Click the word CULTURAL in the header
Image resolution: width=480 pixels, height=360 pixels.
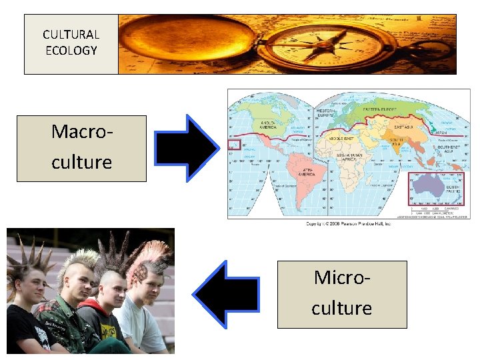pos(71,35)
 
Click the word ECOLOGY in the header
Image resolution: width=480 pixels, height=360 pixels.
pos(71,51)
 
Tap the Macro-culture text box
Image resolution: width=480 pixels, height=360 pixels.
pos(81,148)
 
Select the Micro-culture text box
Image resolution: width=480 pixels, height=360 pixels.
pos(341,294)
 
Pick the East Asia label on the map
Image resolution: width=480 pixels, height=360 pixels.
pos(405,127)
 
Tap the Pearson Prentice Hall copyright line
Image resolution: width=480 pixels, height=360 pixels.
pos(348,224)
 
